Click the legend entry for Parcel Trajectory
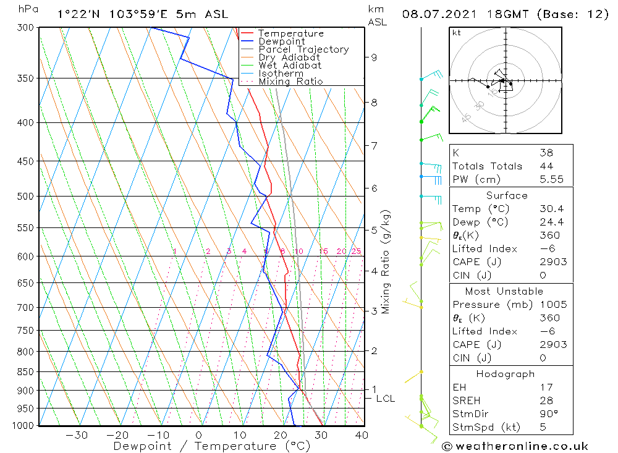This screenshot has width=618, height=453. [303, 49]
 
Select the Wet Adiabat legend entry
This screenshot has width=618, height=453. [290, 66]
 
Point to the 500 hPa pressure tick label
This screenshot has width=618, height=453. [25, 197]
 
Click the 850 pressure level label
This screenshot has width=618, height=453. [25, 372]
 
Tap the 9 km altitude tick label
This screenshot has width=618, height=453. [374, 57]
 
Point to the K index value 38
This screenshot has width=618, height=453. [546, 153]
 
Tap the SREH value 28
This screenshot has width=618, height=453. [546, 401]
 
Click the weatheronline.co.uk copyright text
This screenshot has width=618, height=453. [515, 446]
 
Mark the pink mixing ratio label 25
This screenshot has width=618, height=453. [356, 251]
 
